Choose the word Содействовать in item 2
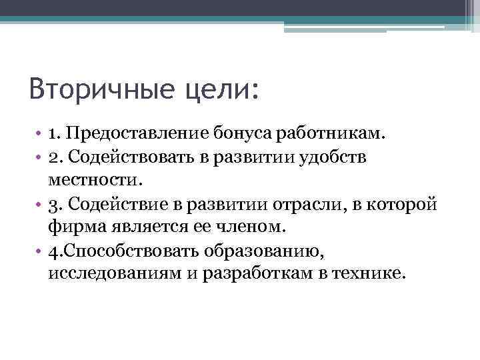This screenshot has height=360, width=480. [x=135, y=157]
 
